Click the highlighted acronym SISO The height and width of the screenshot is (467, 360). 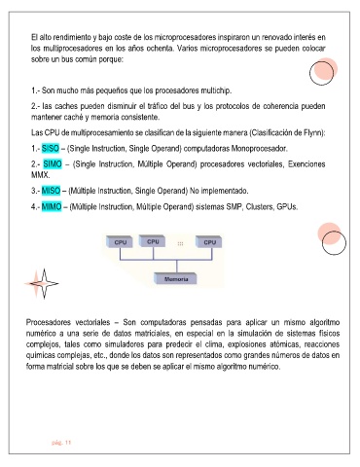pyautogui.click(x=51, y=149)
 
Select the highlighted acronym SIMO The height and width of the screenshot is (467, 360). pyautogui.click(x=53, y=164)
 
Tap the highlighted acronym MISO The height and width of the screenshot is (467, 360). pyautogui.click(x=51, y=191)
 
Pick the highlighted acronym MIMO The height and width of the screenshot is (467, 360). pyautogui.click(x=52, y=206)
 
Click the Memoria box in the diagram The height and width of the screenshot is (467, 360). pyautogui.click(x=175, y=279)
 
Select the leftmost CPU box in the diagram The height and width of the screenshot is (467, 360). pyautogui.click(x=120, y=242)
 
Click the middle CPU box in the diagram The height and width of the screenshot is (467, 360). pyautogui.click(x=152, y=241)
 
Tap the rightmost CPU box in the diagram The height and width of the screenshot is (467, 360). pyautogui.click(x=209, y=242)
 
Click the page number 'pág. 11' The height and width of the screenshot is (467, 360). pyautogui.click(x=61, y=443)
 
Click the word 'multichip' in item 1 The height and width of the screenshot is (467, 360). pyautogui.click(x=215, y=90)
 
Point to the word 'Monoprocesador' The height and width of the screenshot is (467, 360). pyautogui.click(x=259, y=149)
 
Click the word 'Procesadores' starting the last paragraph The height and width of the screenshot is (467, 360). pyautogui.click(x=49, y=322)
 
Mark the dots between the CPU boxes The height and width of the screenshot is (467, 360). pyautogui.click(x=180, y=243)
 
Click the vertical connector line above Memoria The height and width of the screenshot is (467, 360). pyautogui.click(x=177, y=267)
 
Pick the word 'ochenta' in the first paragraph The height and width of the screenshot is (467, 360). pyautogui.click(x=161, y=49)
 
